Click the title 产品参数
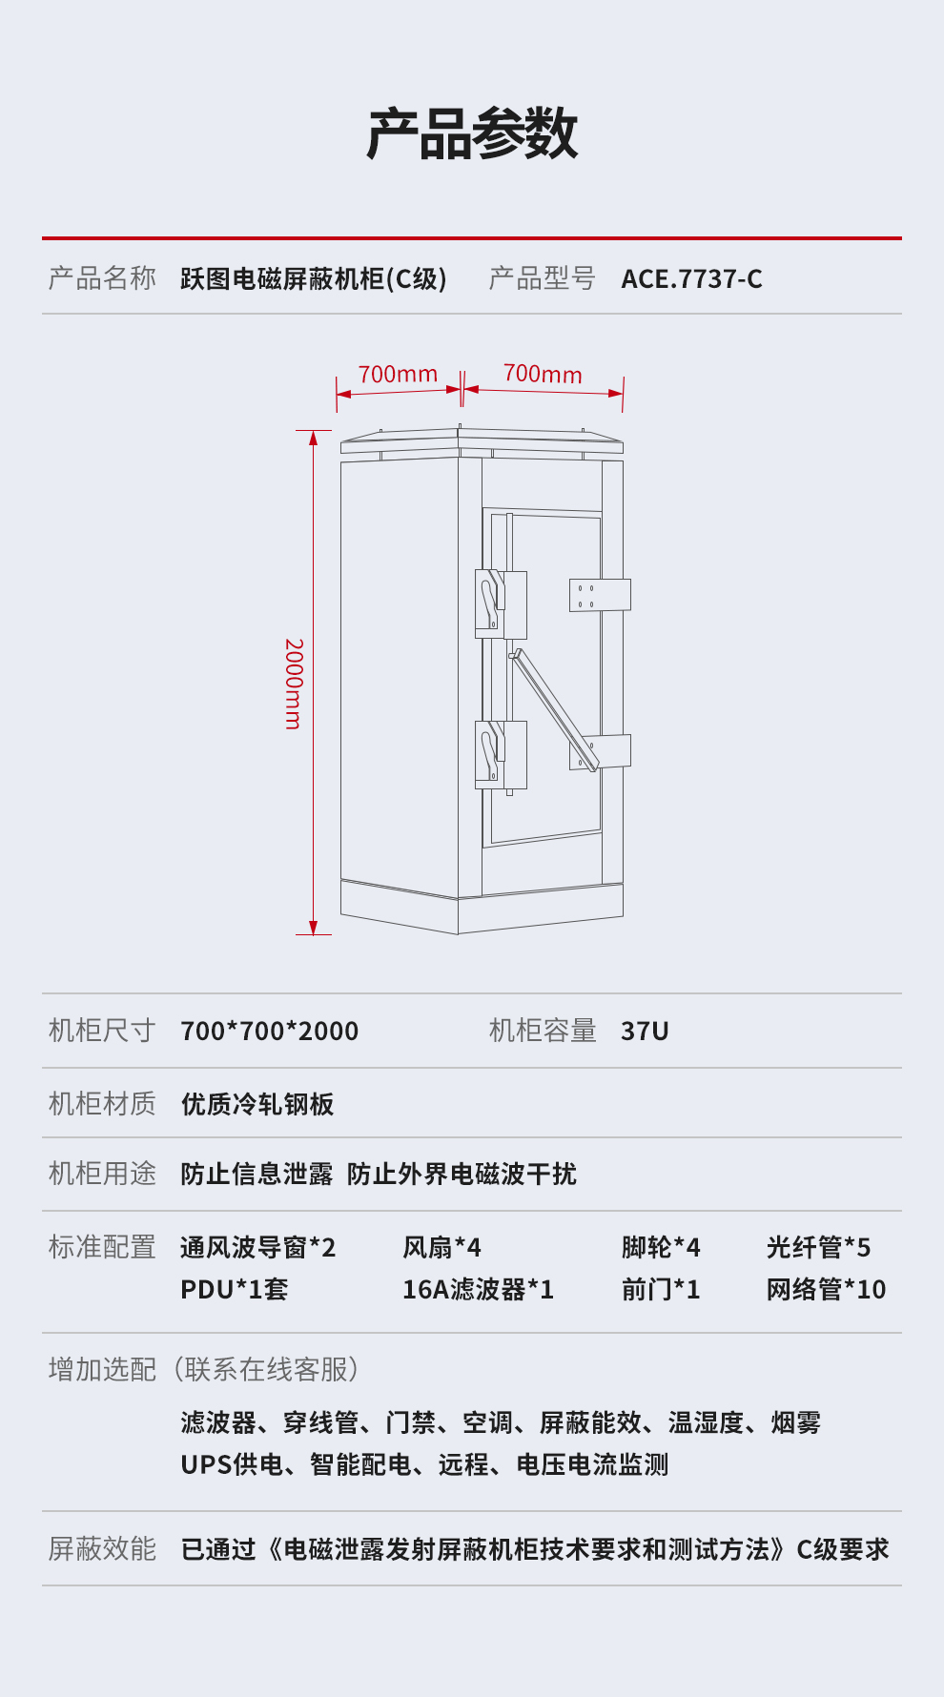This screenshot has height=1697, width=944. [472, 134]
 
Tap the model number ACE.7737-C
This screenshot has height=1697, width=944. [691, 279]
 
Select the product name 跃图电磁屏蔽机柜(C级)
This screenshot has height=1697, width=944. [314, 279]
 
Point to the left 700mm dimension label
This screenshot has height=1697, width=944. [398, 374]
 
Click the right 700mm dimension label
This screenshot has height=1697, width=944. [543, 374]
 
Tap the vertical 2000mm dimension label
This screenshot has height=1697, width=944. [294, 684]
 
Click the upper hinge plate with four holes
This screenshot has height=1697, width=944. [599, 595]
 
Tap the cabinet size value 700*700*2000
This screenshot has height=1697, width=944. [270, 1031]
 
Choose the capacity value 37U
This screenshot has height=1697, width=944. [645, 1031]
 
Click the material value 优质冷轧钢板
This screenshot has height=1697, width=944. [257, 1104]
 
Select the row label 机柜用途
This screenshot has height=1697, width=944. [102, 1174]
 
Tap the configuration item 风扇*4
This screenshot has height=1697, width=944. [441, 1247]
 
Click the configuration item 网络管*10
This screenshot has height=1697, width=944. [826, 1290]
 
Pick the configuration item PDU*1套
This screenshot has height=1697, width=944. [235, 1290]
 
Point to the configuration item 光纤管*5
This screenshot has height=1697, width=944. [818, 1247]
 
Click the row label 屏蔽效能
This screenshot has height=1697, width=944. [102, 1549]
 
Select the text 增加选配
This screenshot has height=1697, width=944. [102, 1370]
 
